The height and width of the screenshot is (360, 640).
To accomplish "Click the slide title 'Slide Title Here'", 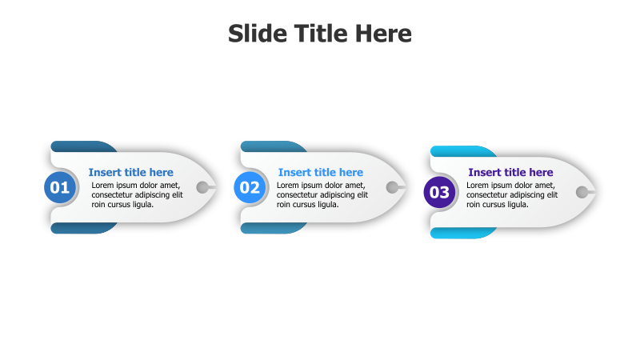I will (320, 34).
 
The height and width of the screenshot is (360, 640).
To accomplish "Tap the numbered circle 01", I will (60, 188).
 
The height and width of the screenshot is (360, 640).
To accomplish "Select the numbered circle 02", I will (250, 188).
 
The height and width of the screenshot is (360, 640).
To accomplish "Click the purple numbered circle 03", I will (439, 192).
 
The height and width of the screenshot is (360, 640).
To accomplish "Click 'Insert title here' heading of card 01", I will (130, 172).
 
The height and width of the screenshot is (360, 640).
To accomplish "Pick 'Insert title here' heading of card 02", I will (320, 172).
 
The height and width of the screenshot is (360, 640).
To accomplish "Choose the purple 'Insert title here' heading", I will (510, 172).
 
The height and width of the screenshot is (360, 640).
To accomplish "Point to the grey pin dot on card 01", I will (202, 188).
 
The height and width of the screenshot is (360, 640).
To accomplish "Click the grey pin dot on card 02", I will (392, 188).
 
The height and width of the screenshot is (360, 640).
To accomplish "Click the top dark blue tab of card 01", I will (80, 146).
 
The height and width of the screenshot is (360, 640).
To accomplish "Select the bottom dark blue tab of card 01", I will (80, 229).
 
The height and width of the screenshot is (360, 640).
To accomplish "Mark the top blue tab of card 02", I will (270, 146).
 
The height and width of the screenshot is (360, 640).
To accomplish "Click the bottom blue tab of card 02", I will (270, 229).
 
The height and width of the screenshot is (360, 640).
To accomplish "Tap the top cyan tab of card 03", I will (460, 151).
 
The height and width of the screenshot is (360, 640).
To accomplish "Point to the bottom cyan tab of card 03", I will (460, 233).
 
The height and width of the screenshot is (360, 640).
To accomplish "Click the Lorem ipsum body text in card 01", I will (136, 194).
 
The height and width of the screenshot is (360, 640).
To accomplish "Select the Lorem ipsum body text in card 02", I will (322, 194).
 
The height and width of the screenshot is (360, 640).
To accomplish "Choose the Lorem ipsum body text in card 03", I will (511, 194).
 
